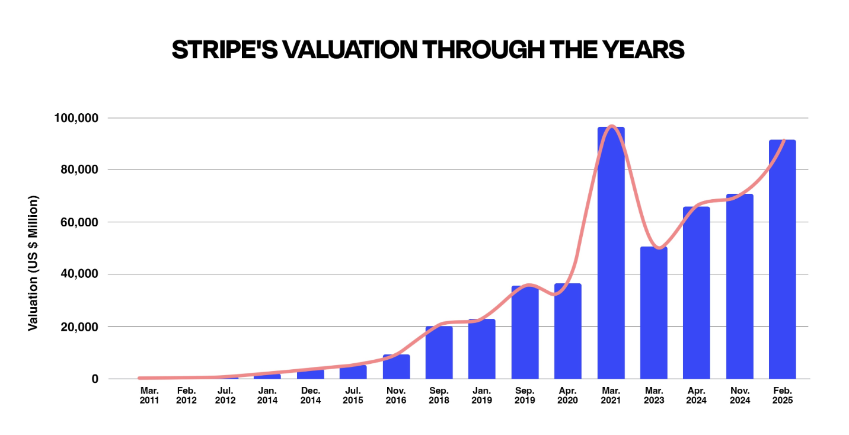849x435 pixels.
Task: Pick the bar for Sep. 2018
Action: point(439,353)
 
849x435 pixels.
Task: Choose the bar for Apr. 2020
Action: point(568,331)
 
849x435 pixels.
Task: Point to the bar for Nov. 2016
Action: point(396,367)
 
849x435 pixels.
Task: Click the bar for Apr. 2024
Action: point(696,293)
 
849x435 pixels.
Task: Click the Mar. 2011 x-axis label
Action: point(149,396)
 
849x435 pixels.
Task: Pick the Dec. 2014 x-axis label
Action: point(310,396)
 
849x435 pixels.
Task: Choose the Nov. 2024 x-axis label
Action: point(739,396)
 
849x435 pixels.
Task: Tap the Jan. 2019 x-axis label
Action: point(481,396)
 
